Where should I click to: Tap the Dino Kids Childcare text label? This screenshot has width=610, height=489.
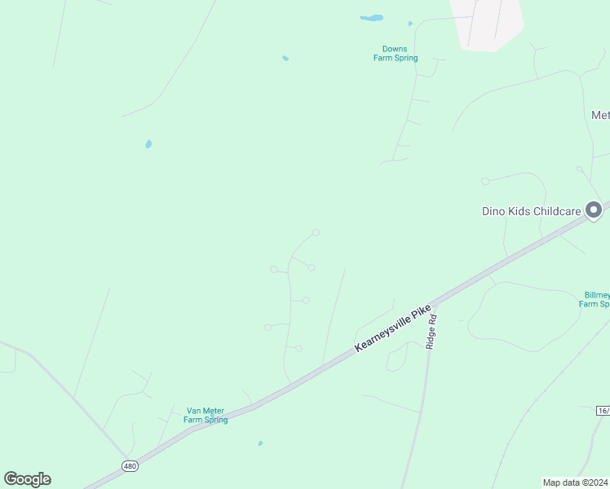(531, 212)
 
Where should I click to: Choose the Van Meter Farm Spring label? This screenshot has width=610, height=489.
(206, 416)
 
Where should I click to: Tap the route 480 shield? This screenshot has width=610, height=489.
(130, 466)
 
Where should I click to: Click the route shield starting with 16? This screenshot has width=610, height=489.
(603, 411)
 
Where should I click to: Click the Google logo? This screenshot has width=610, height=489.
(27, 479)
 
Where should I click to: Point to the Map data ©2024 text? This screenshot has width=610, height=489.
(576, 482)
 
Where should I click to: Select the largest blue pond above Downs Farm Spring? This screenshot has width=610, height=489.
(372, 18)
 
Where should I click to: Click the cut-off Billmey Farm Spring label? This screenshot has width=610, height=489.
(594, 299)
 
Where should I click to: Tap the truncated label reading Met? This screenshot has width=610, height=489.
(600, 116)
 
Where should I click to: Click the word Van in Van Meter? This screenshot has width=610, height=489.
(193, 411)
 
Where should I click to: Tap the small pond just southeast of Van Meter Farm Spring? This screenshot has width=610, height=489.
(260, 443)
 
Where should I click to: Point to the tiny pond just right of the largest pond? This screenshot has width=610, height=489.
(410, 24)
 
